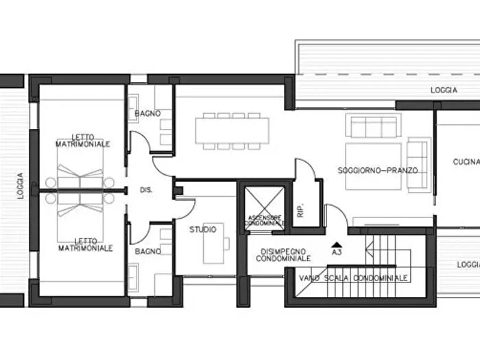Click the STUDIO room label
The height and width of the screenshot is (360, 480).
coord(203,229)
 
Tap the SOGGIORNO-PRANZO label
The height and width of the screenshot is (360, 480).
coord(378,170)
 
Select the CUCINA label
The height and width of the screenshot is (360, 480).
coord(466,162)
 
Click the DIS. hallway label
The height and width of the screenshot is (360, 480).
coord(146,190)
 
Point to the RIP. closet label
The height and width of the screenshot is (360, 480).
coord(300,210)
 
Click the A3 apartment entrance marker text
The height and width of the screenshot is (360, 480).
coord(337,252)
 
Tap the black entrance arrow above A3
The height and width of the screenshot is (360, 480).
coord(337,245)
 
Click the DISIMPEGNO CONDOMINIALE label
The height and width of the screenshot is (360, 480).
coord(283,255)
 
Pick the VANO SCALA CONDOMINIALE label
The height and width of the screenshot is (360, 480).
coord(353,278)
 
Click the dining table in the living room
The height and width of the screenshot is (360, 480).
coord(232,131)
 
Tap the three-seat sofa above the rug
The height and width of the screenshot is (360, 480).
coord(374,125)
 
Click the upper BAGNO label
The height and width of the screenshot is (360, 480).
coord(148,113)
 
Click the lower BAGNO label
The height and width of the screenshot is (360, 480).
coord(148,252)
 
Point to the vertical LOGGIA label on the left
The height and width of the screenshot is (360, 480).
coord(20,186)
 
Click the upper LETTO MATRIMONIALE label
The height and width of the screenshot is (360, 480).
coord(83,141)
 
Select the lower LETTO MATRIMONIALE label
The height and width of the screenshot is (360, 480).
coord(86,245)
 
